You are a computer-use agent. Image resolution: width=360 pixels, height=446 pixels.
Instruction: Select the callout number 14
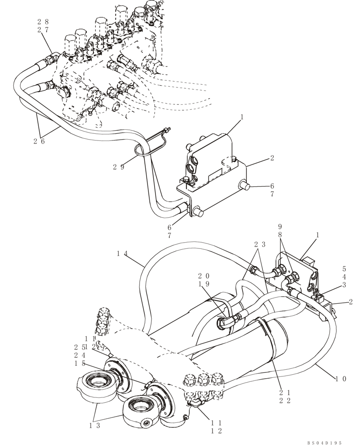[x=122, y=254]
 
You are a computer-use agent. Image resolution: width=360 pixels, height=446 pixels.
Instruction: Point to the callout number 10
[x=341, y=379]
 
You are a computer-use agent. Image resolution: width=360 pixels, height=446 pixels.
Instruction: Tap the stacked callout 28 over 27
[x=43, y=26]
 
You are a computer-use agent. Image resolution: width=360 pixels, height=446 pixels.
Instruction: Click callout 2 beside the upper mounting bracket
[x=271, y=158]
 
